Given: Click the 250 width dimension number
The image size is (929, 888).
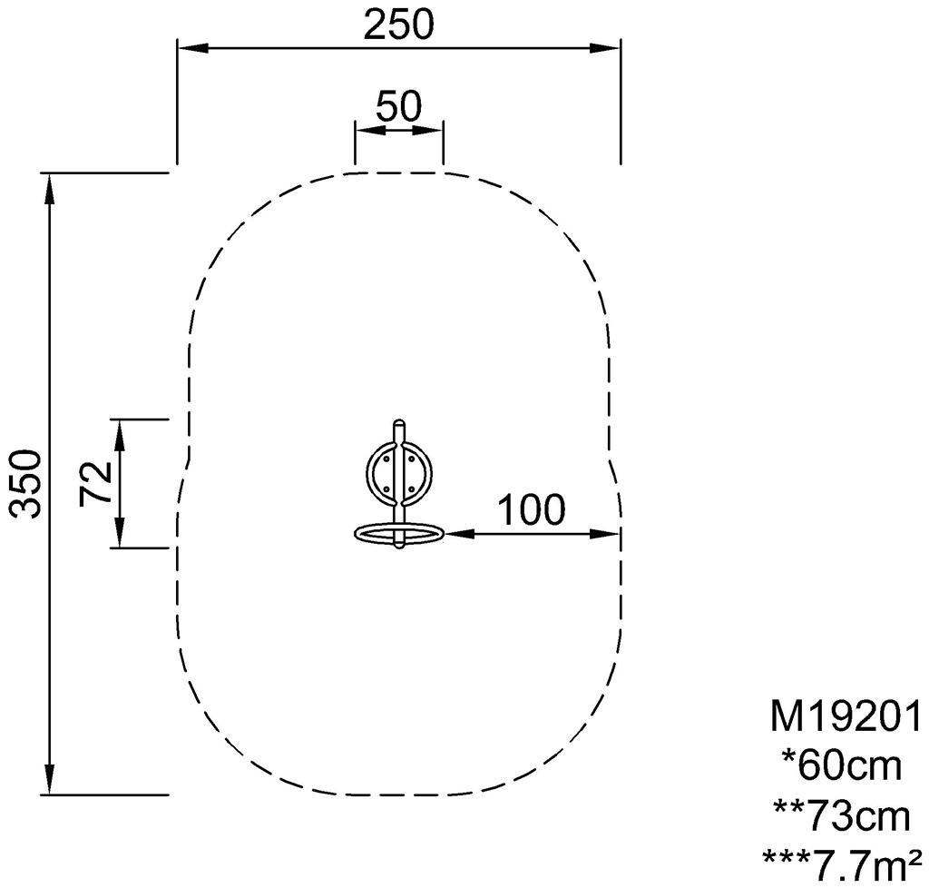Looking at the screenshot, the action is [x=399, y=25].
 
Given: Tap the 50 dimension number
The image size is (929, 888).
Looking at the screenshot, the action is [x=399, y=107].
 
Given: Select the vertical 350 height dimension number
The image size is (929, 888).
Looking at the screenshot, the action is [x=27, y=484].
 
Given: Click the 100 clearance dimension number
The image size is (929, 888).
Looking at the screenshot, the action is [x=532, y=509].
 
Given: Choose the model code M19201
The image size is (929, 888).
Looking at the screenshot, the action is [x=846, y=716].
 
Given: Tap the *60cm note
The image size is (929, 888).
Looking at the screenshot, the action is [x=842, y=766].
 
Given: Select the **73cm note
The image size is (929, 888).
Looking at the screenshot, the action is [x=842, y=816].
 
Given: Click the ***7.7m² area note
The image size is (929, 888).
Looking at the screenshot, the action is [x=842, y=865].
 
